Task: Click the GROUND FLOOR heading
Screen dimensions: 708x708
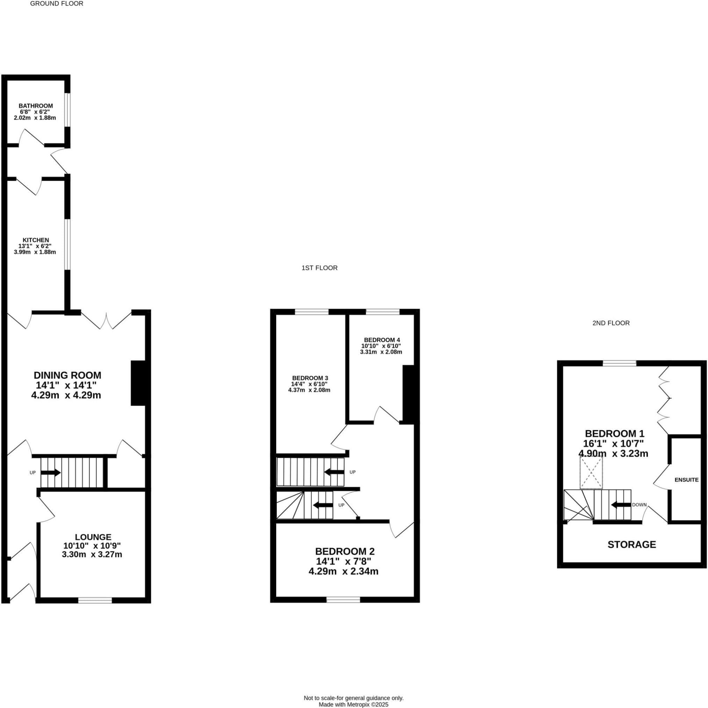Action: coord(56,3)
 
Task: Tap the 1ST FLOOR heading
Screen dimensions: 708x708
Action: coord(319,268)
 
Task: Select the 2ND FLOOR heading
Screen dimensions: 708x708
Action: coord(611,323)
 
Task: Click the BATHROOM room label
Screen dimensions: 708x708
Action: coord(36,106)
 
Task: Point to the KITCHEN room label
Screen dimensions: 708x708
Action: coord(36,240)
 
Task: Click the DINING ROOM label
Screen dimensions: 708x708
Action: coord(67,375)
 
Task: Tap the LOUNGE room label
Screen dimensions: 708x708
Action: coord(93,537)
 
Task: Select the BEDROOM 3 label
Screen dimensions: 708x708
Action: coord(310,378)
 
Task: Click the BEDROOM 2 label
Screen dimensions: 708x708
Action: coord(345,551)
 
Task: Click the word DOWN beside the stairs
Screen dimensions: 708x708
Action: coord(639,505)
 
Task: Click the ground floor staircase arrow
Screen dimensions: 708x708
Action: coord(51,472)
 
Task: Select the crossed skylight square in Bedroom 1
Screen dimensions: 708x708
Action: coord(591,472)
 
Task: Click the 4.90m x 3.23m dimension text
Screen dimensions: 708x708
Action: coord(613,453)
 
